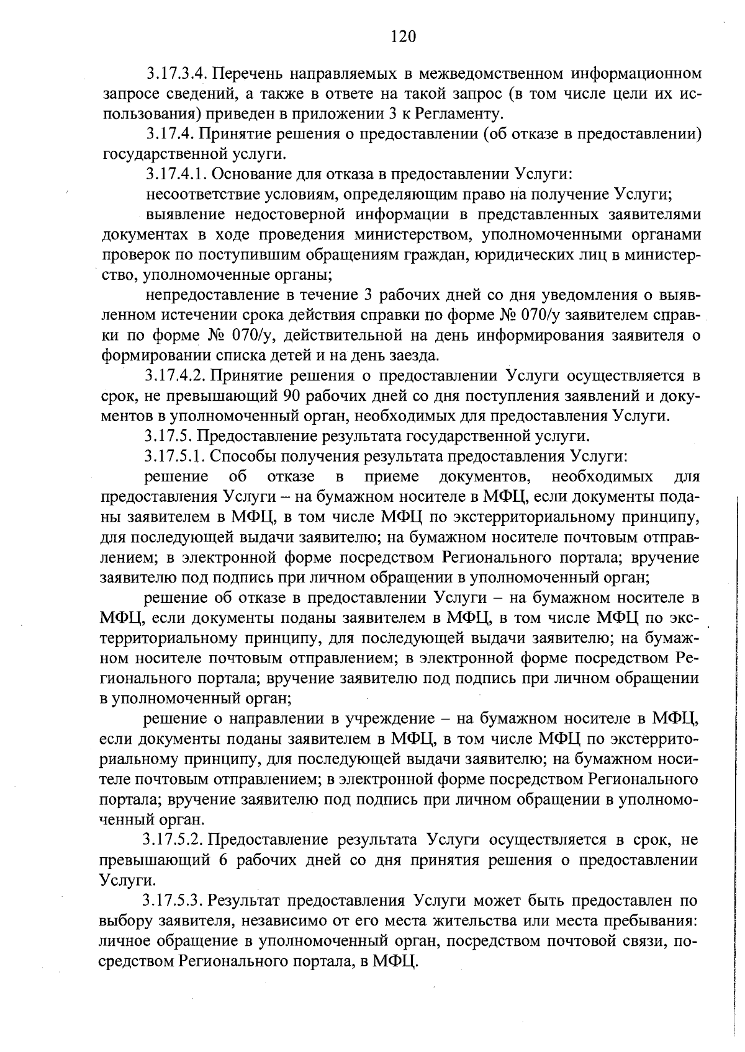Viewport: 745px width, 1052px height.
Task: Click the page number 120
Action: [x=404, y=37]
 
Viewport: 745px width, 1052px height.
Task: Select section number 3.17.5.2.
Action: [x=174, y=840]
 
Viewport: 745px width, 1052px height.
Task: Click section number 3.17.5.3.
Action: [x=174, y=901]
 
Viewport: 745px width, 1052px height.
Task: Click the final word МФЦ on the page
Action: [x=394, y=961]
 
